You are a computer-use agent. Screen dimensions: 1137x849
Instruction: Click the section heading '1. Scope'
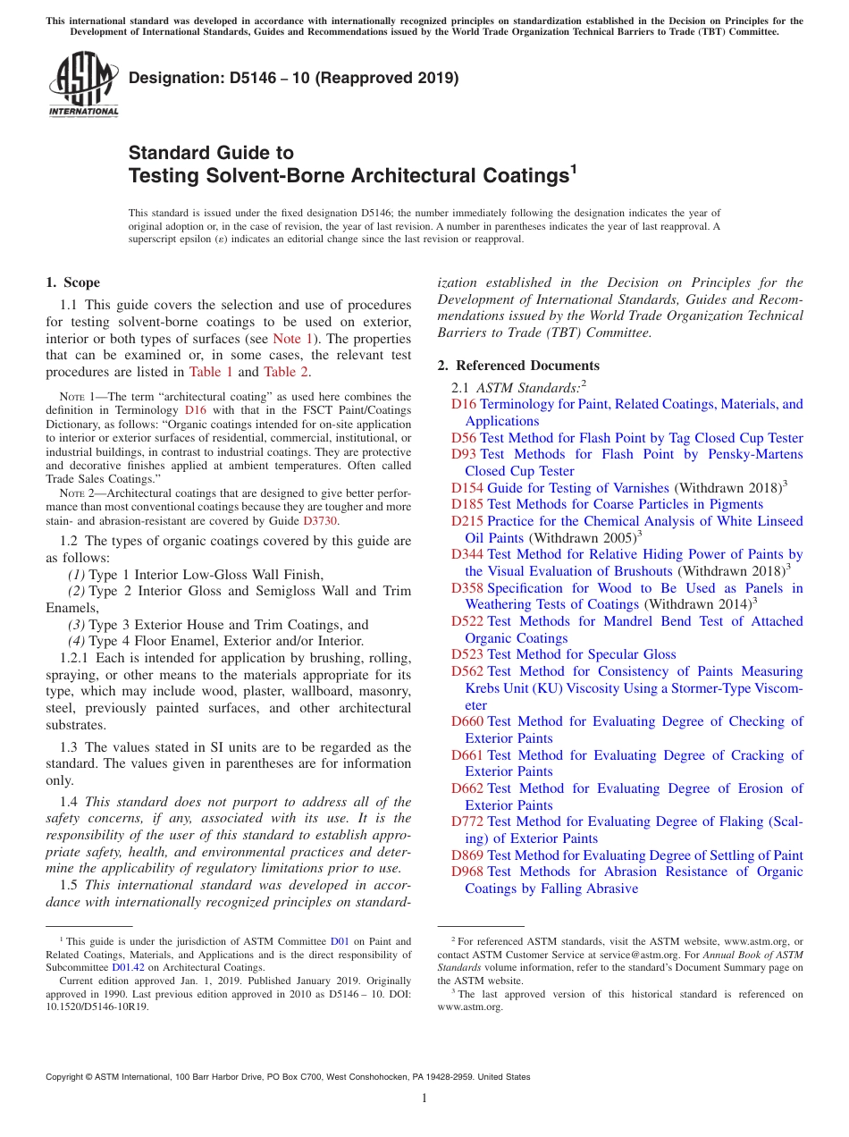(73, 283)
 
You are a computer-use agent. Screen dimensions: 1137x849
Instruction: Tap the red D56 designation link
(464, 438)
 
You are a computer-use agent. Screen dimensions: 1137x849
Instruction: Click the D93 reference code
(464, 455)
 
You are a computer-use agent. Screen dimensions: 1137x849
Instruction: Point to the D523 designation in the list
(467, 655)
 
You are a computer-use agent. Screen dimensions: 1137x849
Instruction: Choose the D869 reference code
(467, 855)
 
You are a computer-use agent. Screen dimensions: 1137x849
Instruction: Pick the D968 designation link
(467, 872)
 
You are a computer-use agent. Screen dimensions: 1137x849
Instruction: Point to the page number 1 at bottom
(424, 1099)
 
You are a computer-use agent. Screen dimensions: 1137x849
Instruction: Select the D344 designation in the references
(467, 555)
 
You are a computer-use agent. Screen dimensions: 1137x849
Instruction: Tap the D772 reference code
(467, 821)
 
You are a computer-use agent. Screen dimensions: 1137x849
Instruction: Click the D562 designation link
(467, 672)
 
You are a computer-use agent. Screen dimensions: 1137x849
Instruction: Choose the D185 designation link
(467, 505)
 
